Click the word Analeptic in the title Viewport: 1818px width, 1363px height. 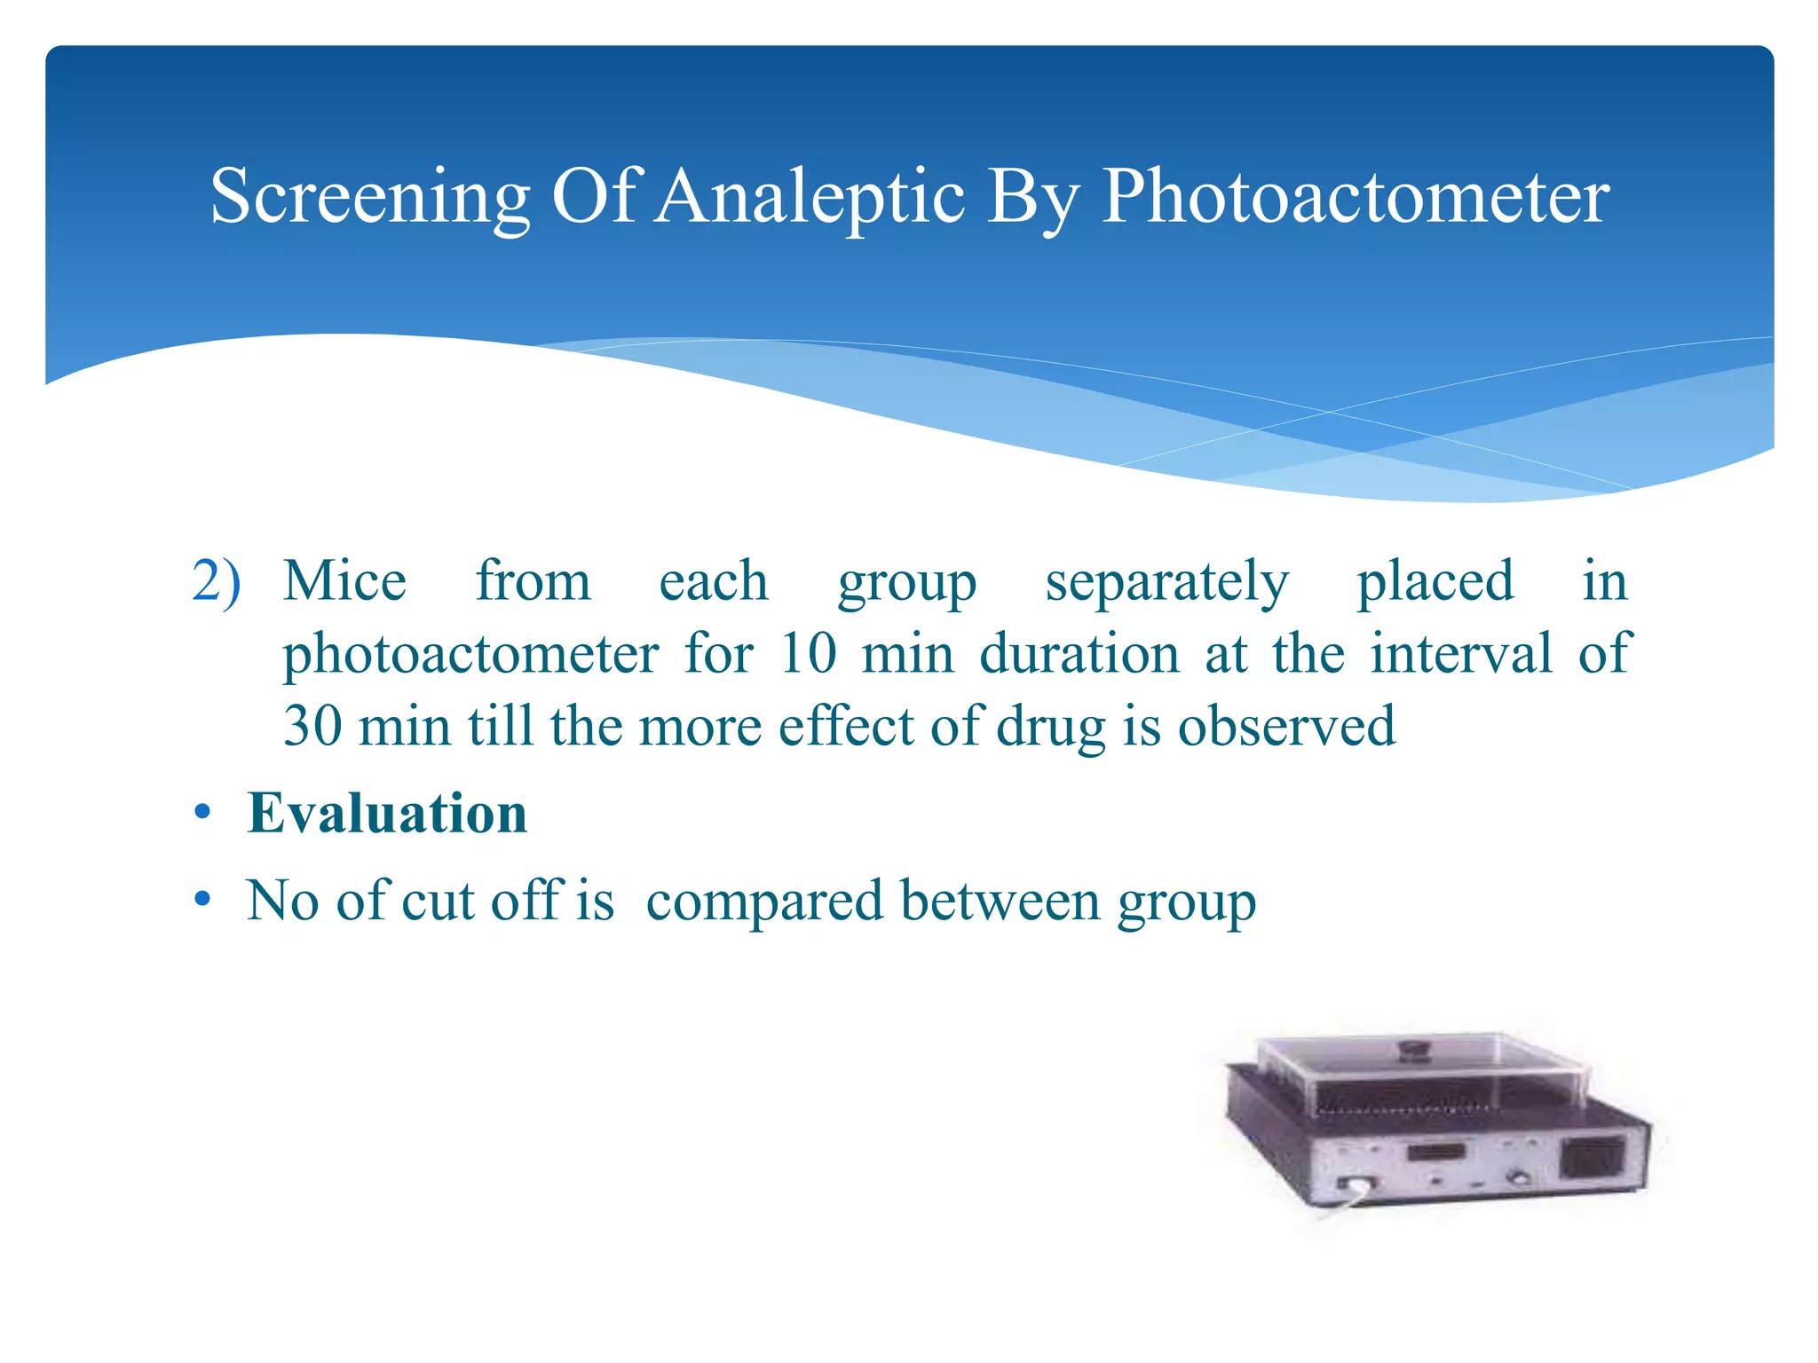[811, 197]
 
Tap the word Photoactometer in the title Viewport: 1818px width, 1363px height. [1355, 197]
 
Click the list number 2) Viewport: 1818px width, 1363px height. [216, 582]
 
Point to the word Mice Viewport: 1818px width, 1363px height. [344, 582]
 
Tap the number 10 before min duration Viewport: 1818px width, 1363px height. [808, 654]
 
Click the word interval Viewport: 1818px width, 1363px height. [1460, 654]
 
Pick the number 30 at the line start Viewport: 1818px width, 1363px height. [312, 727]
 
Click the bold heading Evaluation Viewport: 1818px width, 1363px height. [387, 813]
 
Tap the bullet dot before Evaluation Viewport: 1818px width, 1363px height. [203, 813]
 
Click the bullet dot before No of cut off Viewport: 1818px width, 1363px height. [203, 900]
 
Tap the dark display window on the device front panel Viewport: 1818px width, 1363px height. [1435, 1154]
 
